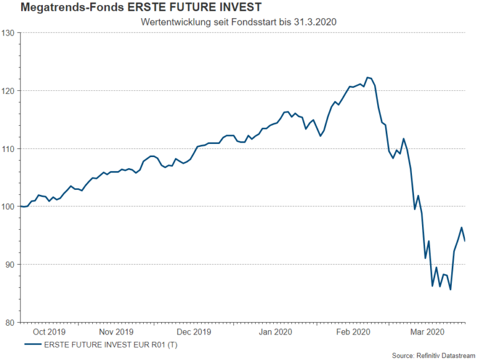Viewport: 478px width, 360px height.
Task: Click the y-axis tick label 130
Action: [x=9, y=32]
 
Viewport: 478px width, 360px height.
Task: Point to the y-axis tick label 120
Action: [x=9, y=90]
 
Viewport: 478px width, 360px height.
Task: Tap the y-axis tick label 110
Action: [x=9, y=148]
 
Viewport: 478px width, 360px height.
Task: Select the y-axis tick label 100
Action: [x=9, y=206]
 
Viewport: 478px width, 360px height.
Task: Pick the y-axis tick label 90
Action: [x=11, y=264]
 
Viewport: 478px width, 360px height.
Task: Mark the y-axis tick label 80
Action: [x=11, y=322]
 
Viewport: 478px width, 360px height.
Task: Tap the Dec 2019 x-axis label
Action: [x=194, y=332]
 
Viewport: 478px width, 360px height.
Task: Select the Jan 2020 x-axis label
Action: [x=274, y=332]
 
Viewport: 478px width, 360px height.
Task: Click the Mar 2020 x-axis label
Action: [x=426, y=332]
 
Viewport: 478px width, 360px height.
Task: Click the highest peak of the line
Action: [x=367, y=77]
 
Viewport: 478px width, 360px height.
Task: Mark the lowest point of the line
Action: [x=450, y=290]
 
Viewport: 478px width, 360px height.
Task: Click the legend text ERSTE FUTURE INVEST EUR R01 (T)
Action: [x=113, y=344]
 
